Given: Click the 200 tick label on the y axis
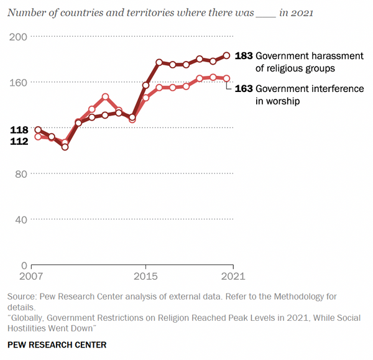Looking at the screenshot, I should coord(17,37).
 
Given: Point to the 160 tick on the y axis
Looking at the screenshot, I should coord(17,82).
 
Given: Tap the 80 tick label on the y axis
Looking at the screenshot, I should coord(20,173).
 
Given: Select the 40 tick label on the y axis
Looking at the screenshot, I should coord(20,219).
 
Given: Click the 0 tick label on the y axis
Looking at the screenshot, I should coord(24,265).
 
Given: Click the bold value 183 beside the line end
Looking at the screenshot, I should coord(244,55).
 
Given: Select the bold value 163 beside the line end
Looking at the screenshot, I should coord(244,89).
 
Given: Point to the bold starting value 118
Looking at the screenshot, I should coord(19,130).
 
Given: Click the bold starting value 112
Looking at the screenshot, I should coord(19,142).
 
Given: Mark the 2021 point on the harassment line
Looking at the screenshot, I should coord(227,55).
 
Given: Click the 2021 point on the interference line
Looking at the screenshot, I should coord(227,78).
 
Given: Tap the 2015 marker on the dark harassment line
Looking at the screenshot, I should coord(146,85).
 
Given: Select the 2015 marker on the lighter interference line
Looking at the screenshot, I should coord(146,98).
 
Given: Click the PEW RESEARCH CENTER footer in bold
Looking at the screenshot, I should coord(57,344).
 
